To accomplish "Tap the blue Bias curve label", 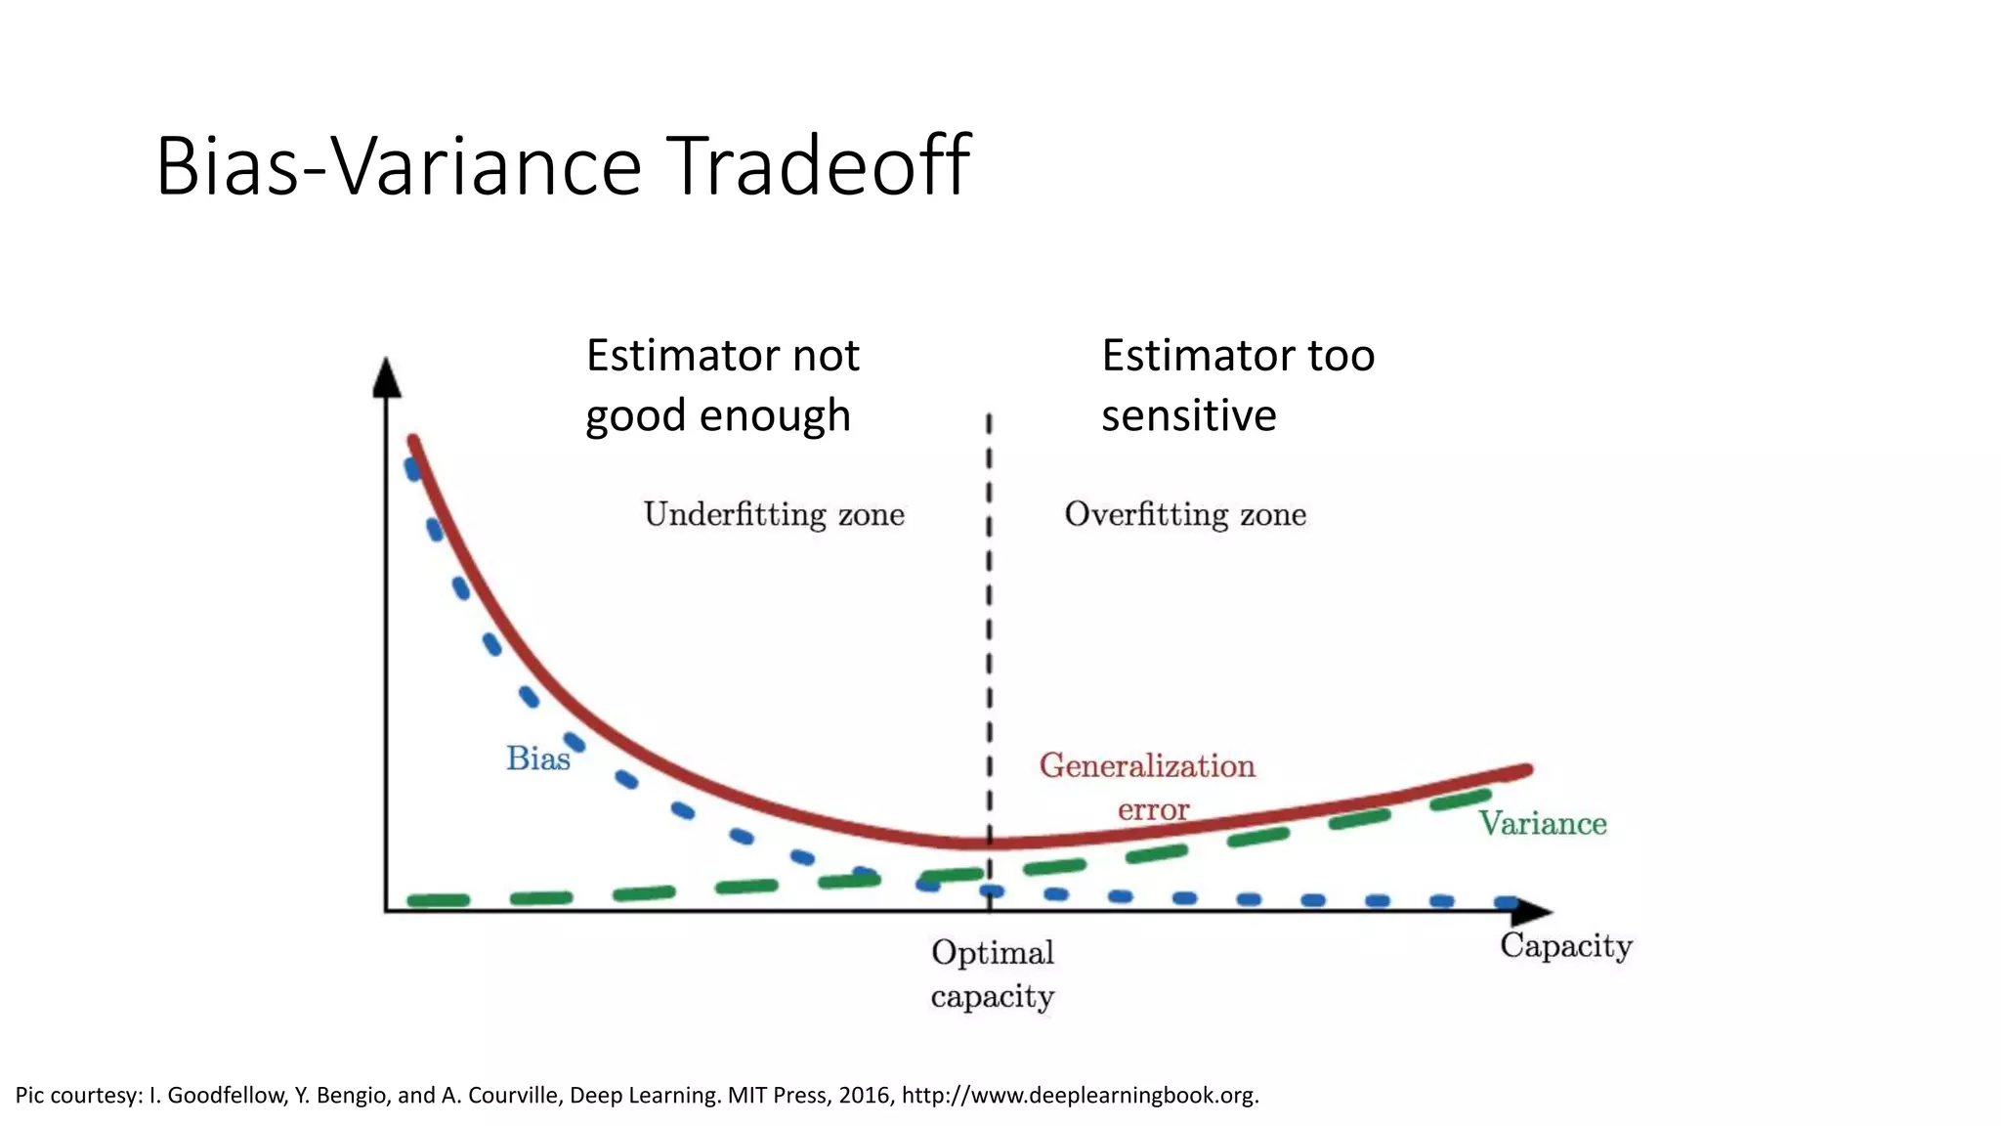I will click(537, 758).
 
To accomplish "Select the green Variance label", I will click(1542, 824).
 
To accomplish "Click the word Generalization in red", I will click(1147, 765).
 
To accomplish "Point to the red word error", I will click(1153, 809).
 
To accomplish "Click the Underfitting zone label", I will click(774, 514).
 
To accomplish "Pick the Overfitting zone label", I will click(1185, 514).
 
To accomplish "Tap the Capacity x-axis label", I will click(1565, 946).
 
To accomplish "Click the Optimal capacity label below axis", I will click(992, 974).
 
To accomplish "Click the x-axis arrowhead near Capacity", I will click(1532, 912).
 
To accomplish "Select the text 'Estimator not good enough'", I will click(722, 385).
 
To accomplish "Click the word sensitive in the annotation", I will click(1188, 415).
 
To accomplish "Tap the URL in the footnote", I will click(1080, 1095).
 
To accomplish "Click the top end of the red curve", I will click(413, 440).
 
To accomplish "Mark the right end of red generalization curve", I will click(1527, 770).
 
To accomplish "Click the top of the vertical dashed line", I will click(989, 417).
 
